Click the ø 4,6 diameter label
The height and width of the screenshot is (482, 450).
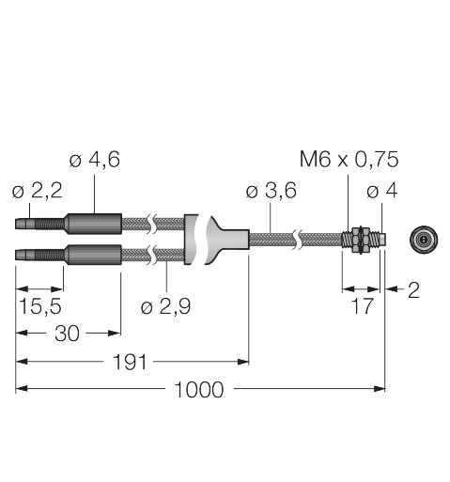tap(95, 160)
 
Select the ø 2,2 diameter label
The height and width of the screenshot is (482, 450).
tap(38, 191)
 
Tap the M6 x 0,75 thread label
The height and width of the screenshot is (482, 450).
tap(349, 159)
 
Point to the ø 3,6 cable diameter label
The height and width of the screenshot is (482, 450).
tap(272, 191)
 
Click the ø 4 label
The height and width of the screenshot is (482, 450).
tap(382, 191)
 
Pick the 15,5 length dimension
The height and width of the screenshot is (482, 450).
tap(40, 306)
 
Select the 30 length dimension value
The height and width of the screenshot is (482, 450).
tap(67, 334)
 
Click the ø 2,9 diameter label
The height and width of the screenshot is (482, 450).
tap(165, 306)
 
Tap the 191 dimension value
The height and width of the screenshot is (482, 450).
tap(130, 362)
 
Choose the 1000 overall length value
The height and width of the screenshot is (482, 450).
tap(199, 390)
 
